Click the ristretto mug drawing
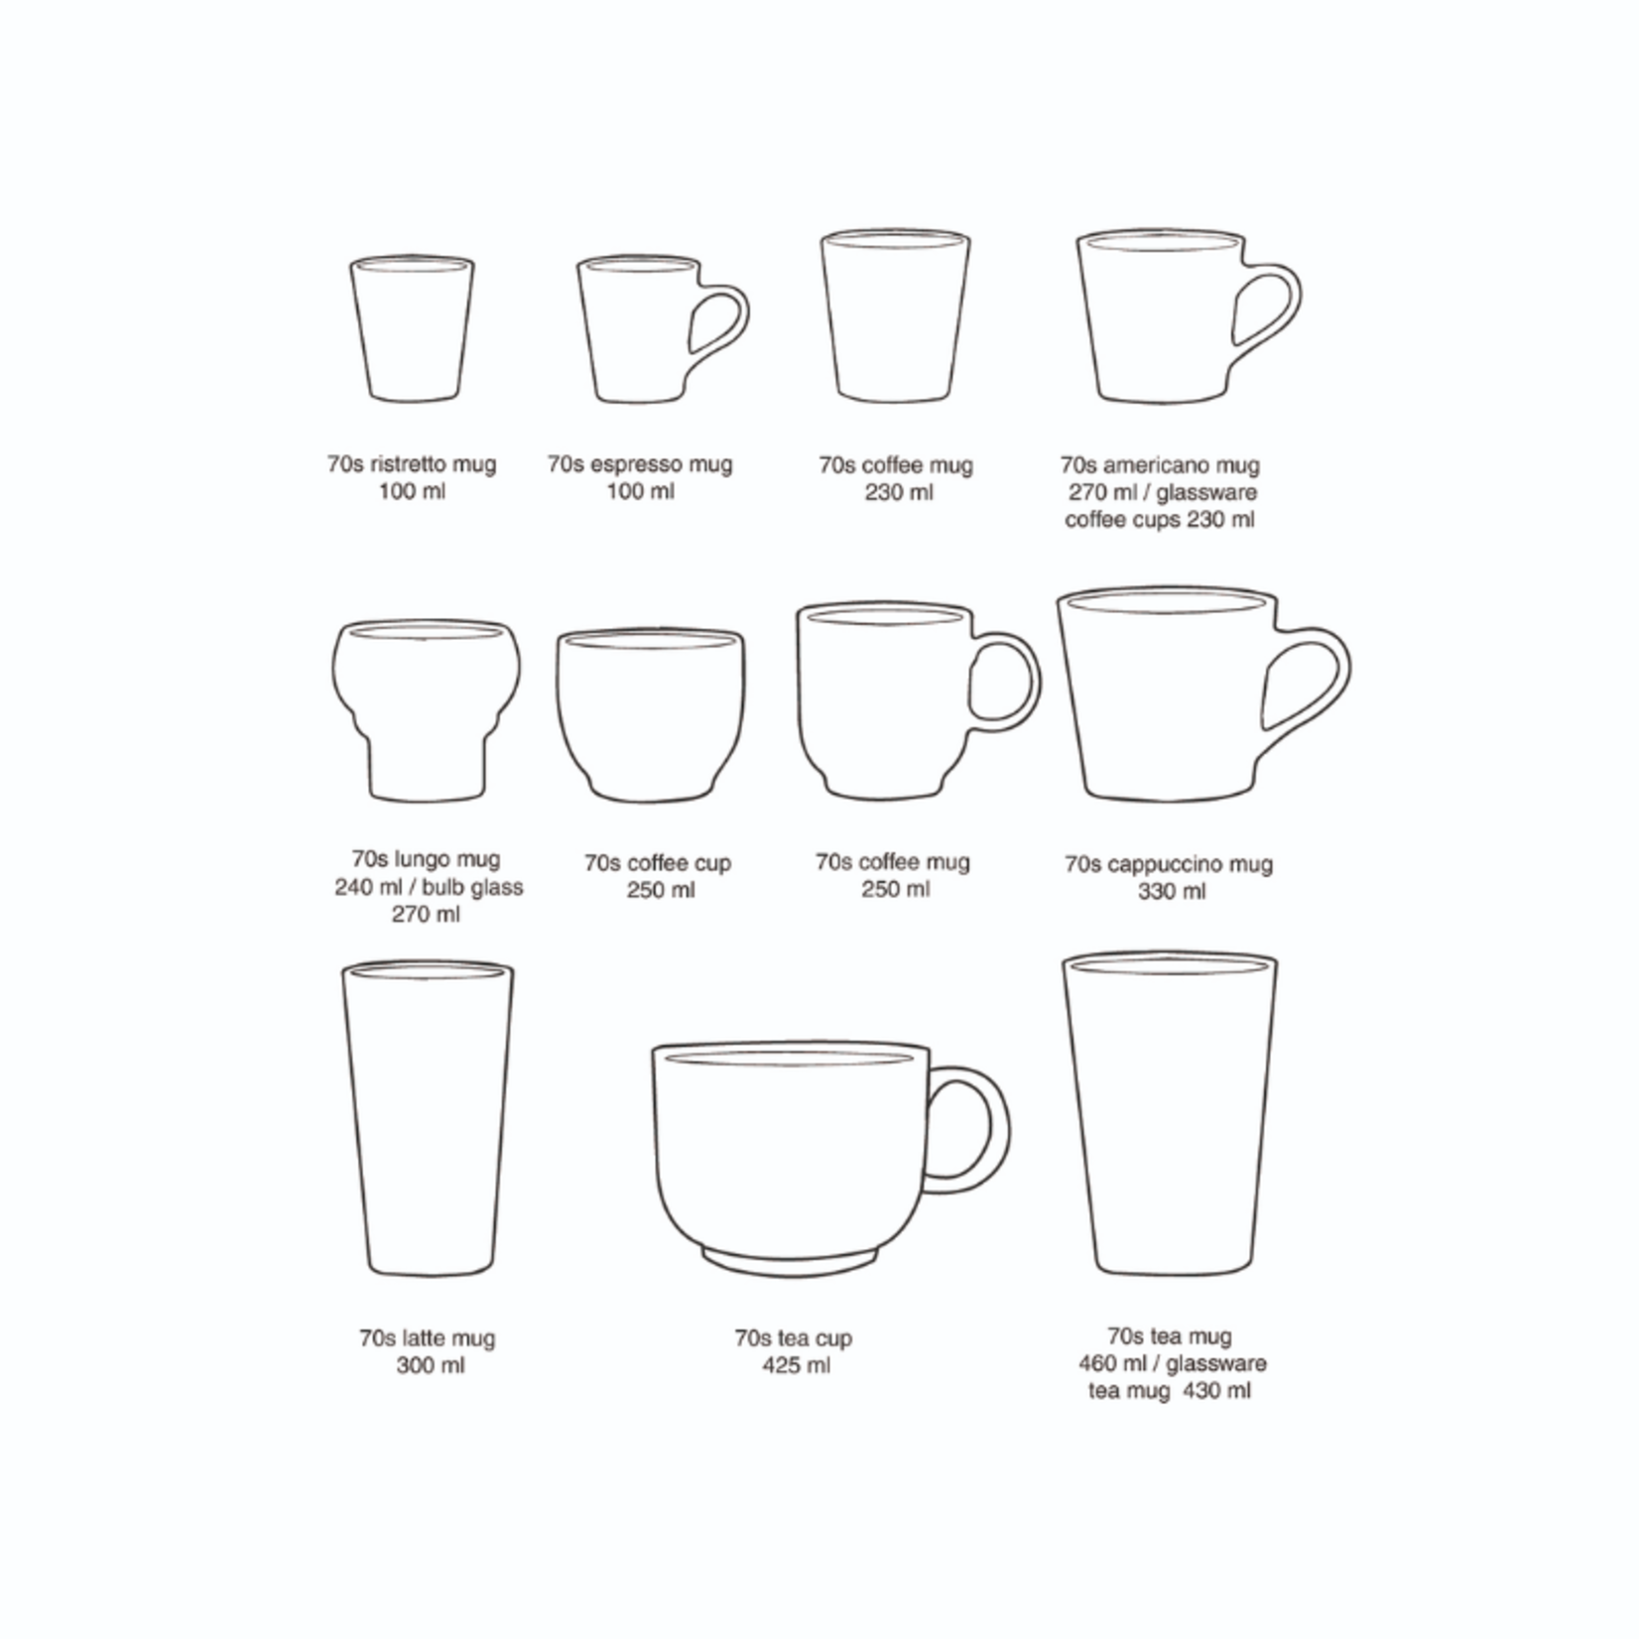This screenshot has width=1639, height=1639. tap(412, 329)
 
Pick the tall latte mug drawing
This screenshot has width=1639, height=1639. tap(428, 1117)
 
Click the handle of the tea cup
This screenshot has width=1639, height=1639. tap(982, 1131)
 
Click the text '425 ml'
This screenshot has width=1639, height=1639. tap(796, 1365)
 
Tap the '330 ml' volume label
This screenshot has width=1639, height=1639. tap(1172, 891)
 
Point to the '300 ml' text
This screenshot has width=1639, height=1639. tap(430, 1365)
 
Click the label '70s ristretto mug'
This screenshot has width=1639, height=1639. tap(412, 463)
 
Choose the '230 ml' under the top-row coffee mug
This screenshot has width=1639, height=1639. tap(898, 492)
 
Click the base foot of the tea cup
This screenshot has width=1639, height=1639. tap(790, 1262)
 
